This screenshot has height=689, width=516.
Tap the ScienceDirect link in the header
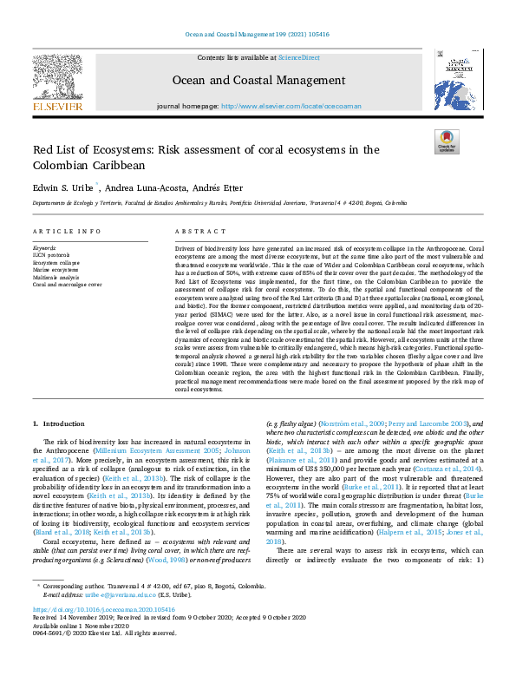click(x=297, y=56)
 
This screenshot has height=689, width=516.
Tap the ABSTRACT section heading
click(x=195, y=232)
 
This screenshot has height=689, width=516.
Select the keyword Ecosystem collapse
click(x=56, y=262)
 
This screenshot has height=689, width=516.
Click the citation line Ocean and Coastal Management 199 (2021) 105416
click(x=257, y=34)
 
